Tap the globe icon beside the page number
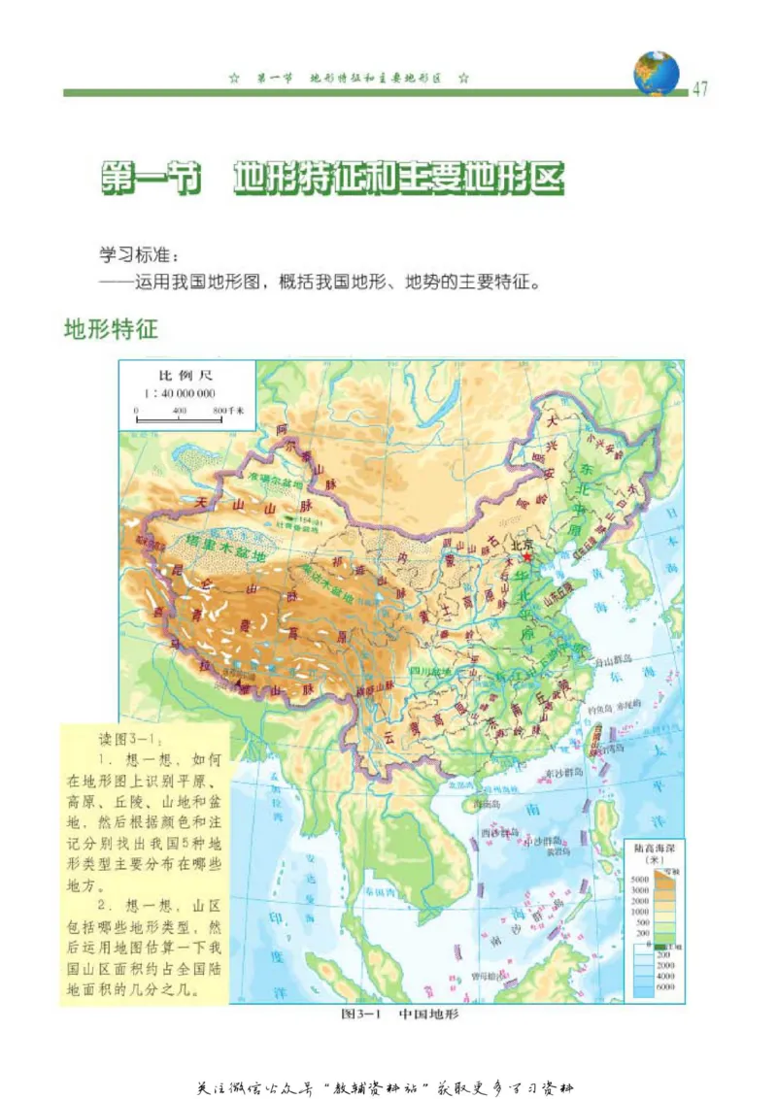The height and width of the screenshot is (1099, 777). coord(657,74)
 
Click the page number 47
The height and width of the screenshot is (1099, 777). coord(700,88)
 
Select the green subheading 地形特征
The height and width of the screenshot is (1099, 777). coord(110,328)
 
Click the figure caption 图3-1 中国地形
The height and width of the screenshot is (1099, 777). coord(399,1016)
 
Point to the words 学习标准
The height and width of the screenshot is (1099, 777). coord(135,255)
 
